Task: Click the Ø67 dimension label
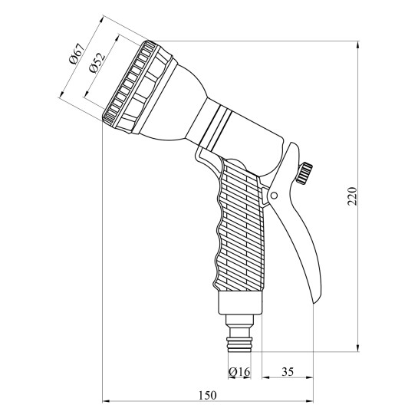click(x=76, y=53)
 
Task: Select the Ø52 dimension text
click(x=97, y=63)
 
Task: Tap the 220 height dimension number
click(x=352, y=196)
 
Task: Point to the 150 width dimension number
click(x=208, y=395)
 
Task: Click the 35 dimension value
click(x=288, y=372)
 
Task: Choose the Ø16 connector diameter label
click(x=239, y=371)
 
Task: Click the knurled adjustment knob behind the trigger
click(x=304, y=173)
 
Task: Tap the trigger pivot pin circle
click(x=274, y=196)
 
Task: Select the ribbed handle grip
click(x=240, y=226)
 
